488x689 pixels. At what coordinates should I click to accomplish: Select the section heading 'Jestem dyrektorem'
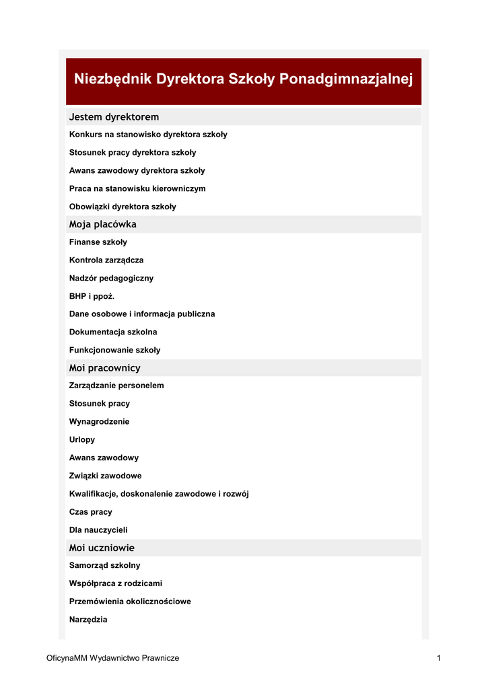(114, 117)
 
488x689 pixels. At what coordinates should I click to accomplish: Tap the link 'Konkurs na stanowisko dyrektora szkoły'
(148, 135)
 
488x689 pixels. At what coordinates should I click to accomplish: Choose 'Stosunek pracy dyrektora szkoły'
(133, 153)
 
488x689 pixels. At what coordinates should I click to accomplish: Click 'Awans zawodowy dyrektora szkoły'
(137, 171)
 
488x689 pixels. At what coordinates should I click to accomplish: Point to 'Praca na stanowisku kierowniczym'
(137, 189)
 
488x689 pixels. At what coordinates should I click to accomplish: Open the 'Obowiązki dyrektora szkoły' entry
(123, 207)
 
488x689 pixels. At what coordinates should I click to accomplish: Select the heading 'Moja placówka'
(102, 224)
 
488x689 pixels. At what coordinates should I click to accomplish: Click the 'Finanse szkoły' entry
(98, 242)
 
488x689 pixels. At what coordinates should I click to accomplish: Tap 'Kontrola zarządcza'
(106, 260)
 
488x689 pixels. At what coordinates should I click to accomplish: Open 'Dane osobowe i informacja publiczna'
(142, 314)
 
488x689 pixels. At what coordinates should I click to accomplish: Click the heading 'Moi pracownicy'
(104, 368)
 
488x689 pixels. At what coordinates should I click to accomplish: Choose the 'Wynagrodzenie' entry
(100, 422)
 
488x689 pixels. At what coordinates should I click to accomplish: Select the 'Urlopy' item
(82, 440)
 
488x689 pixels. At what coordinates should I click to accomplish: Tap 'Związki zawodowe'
(106, 476)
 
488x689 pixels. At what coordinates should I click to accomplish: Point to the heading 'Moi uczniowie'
(102, 548)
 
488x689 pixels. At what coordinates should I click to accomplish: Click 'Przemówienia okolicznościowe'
(130, 602)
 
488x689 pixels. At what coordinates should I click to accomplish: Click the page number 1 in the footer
(438, 658)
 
